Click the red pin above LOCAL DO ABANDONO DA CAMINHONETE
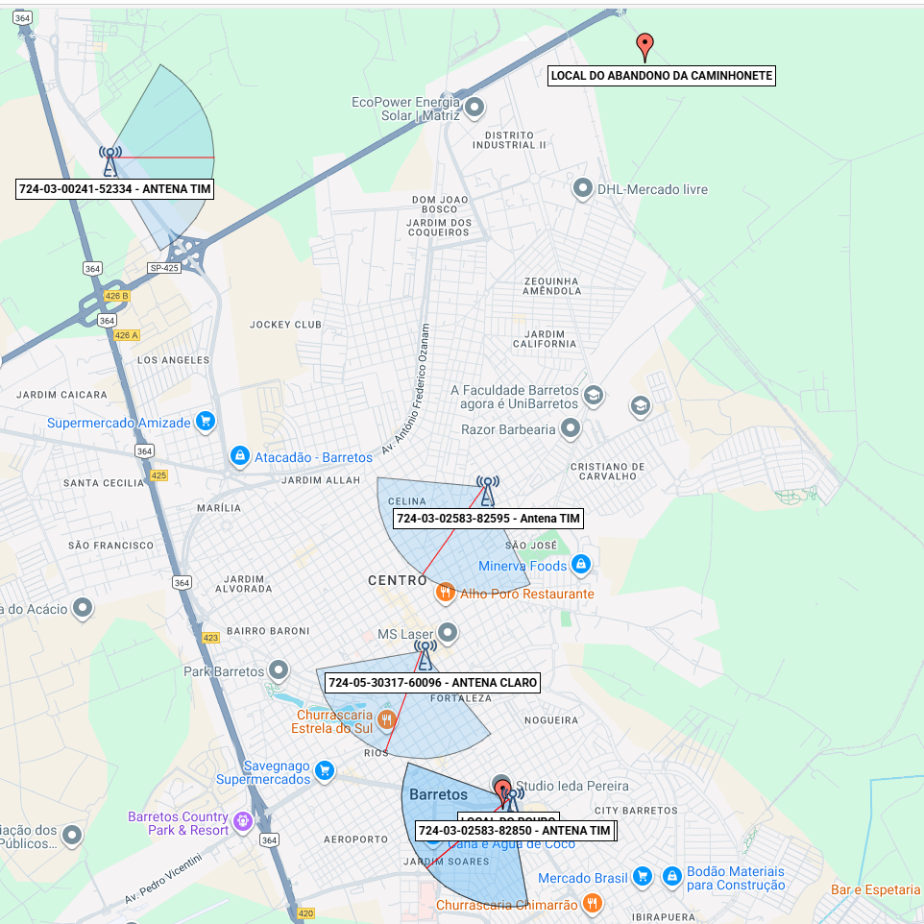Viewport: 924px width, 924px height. pyautogui.click(x=645, y=44)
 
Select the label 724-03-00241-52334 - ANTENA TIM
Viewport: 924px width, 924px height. pyautogui.click(x=115, y=189)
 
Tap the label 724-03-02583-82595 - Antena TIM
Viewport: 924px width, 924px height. pyautogui.click(x=489, y=519)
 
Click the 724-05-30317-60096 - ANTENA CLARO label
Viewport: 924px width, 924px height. pyautogui.click(x=432, y=683)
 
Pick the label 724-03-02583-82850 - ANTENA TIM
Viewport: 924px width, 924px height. pyautogui.click(x=515, y=830)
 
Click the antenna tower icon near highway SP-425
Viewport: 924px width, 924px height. pyautogui.click(x=110, y=159)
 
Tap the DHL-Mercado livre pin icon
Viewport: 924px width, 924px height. pyautogui.click(x=581, y=189)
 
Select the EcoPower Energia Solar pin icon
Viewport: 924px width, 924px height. pyautogui.click(x=474, y=108)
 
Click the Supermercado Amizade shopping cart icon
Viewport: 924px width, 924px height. pyautogui.click(x=205, y=422)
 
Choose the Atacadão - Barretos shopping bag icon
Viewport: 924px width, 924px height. pyautogui.click(x=240, y=456)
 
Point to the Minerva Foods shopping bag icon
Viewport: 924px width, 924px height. pyautogui.click(x=579, y=565)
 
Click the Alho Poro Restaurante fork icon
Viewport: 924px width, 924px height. pyautogui.click(x=445, y=593)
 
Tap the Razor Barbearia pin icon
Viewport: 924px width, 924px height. pyautogui.click(x=571, y=428)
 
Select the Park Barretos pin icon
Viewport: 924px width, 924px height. pyautogui.click(x=279, y=670)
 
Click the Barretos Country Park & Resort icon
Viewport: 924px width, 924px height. pyautogui.click(x=241, y=821)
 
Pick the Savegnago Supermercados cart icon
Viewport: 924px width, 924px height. pyautogui.click(x=325, y=770)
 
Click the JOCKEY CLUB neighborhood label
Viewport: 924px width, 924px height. pyautogui.click(x=285, y=325)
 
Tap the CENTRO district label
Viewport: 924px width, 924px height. pyautogui.click(x=398, y=580)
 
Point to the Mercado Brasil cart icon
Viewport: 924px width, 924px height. pyautogui.click(x=643, y=877)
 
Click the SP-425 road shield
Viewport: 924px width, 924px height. pyautogui.click(x=164, y=268)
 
